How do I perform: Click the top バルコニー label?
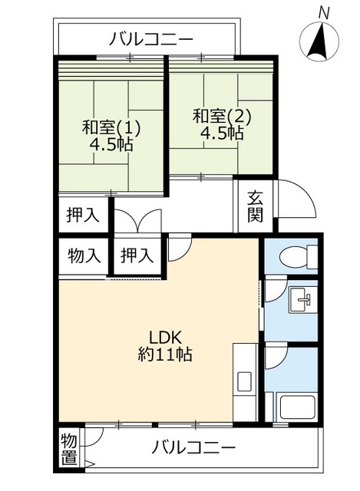[x=150, y=38]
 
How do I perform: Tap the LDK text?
[x=164, y=337]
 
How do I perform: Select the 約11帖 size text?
[x=165, y=355]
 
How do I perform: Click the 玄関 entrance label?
[x=255, y=206]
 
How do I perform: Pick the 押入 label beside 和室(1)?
[x=83, y=215]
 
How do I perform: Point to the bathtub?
[x=298, y=406]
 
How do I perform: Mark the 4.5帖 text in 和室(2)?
[x=222, y=133]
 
